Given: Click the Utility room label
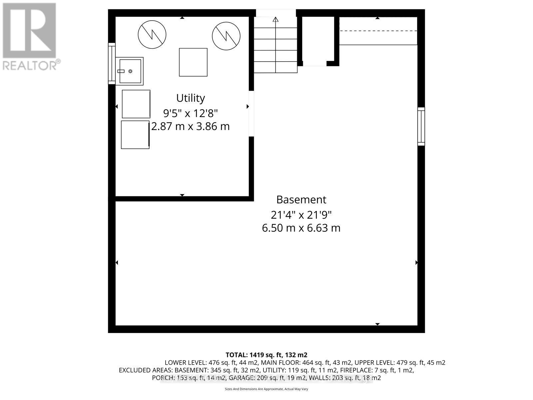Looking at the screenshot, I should [x=190, y=98].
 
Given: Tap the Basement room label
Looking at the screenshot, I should [x=301, y=200].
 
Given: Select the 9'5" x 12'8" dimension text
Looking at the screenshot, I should [x=190, y=113].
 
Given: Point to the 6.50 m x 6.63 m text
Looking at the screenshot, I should [x=301, y=228].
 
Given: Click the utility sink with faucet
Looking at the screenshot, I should [x=130, y=71].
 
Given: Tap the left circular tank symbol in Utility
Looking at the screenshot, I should [x=152, y=34].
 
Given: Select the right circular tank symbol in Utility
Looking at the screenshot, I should [x=226, y=34].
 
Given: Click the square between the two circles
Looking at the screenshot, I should [x=193, y=62].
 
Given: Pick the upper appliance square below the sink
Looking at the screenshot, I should [x=136, y=104].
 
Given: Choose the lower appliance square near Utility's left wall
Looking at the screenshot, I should [x=135, y=135].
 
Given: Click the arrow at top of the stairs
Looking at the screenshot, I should [x=275, y=19].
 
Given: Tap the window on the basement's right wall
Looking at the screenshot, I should [x=421, y=126].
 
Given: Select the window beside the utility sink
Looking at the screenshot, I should [x=112, y=63].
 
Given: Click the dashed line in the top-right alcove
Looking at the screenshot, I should [x=378, y=31].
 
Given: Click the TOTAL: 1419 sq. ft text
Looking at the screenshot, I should [x=266, y=355].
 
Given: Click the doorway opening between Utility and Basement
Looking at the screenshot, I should [x=251, y=114].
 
